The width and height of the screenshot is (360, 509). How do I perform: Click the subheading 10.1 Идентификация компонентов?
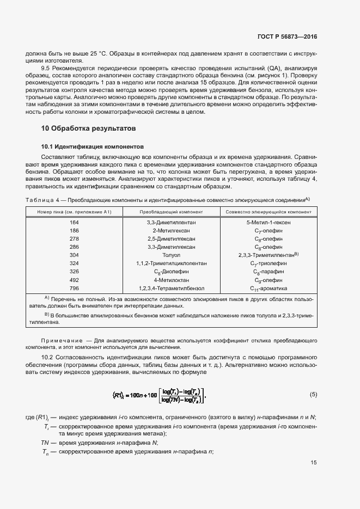(93, 146)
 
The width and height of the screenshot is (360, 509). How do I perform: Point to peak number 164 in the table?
(74, 222)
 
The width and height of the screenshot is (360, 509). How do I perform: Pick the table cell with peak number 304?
(74, 255)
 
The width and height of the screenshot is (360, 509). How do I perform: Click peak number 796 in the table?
(74, 287)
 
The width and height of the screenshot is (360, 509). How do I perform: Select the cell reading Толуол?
(171, 255)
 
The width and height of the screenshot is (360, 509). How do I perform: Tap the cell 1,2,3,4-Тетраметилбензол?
(171, 287)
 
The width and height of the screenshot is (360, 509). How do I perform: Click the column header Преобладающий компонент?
(171, 211)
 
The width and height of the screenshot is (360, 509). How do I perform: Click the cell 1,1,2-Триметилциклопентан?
(171, 263)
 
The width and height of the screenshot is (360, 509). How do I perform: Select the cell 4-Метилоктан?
(171, 279)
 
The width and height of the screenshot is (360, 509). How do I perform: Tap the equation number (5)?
(313, 394)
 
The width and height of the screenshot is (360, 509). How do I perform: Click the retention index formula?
(160, 395)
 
